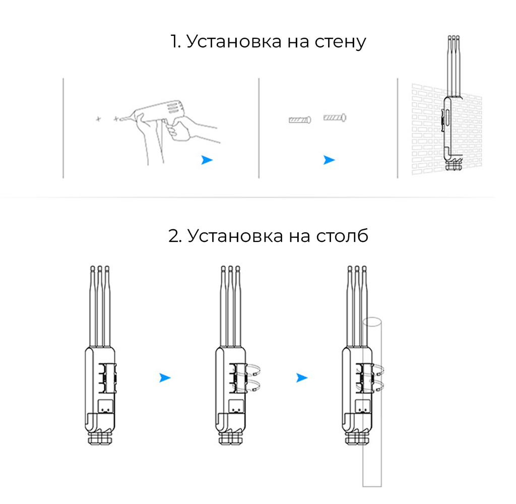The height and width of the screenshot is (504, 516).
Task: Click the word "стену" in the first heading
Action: [340, 42]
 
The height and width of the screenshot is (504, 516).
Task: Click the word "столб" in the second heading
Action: [342, 235]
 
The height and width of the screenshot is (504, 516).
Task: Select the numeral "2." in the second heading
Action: [175, 236]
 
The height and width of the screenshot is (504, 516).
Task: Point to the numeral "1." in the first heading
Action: [176, 41]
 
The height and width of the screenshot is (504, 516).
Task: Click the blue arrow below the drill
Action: [207, 160]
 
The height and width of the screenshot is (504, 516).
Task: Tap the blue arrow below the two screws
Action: [329, 160]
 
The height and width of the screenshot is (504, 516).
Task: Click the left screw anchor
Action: [300, 119]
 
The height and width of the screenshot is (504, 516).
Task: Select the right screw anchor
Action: [335, 117]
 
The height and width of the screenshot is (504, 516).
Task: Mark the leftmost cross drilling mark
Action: [98, 119]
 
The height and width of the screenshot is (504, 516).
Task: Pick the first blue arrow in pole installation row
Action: [165, 377]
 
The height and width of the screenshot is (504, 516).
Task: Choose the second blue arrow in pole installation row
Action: [302, 377]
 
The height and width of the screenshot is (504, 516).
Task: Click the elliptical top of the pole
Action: [372, 322]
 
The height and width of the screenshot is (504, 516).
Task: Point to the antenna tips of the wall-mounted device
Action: [454, 38]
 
